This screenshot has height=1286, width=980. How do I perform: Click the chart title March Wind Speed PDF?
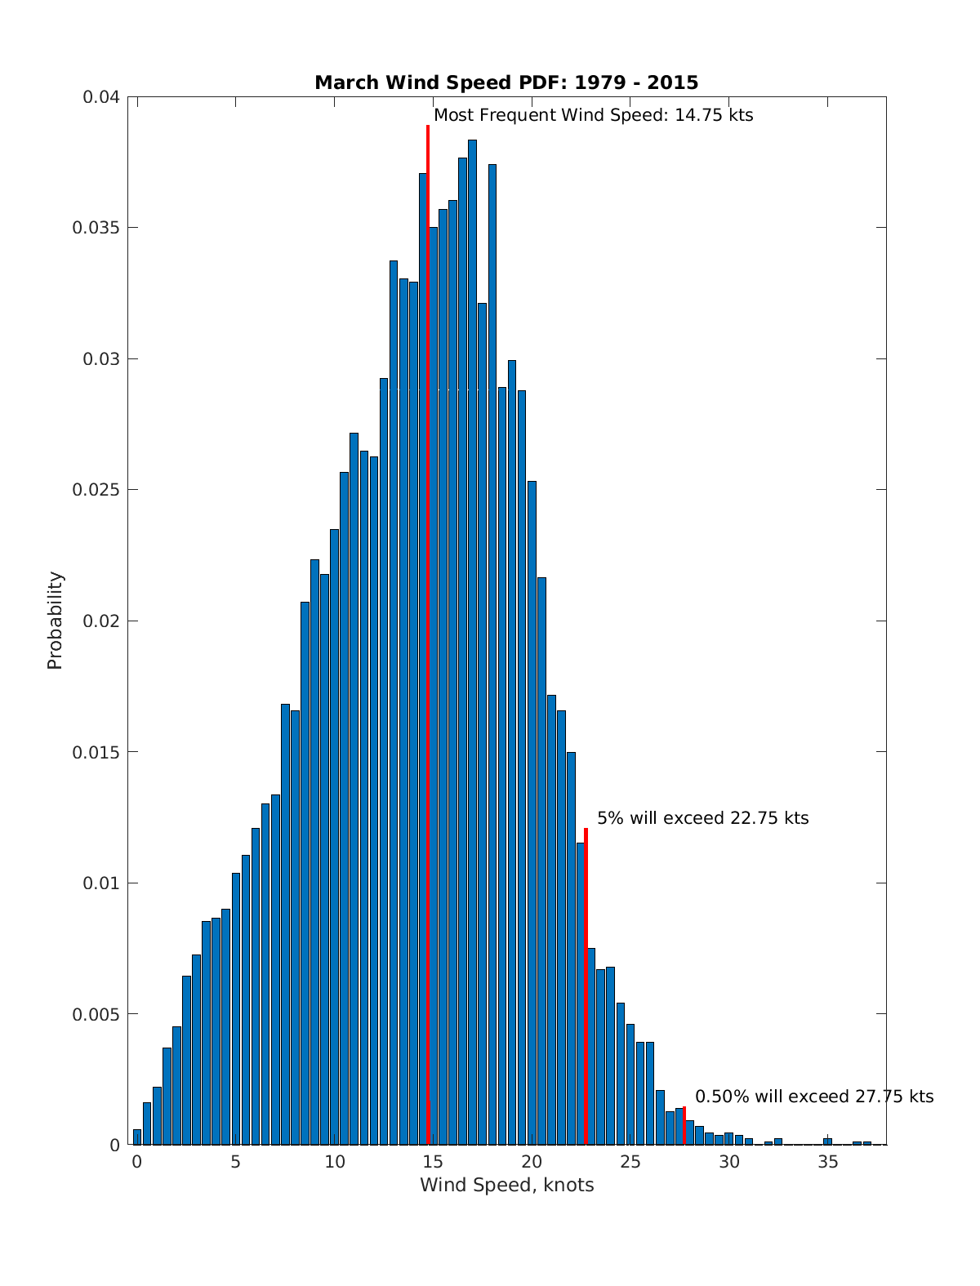[506, 82]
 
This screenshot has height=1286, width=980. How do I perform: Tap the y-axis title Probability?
[55, 621]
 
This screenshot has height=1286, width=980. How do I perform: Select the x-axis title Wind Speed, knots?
[506, 1185]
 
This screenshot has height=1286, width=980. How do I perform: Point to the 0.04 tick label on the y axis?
[101, 97]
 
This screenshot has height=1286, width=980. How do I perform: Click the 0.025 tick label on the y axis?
[96, 490]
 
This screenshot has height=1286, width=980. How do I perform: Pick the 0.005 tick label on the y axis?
[96, 1014]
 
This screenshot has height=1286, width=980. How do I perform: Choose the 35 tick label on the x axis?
[828, 1162]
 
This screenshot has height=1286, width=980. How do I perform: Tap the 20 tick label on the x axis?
[532, 1162]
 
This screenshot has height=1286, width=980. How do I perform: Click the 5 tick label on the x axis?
[235, 1162]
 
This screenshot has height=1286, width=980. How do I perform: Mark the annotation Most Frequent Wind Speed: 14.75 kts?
[593, 115]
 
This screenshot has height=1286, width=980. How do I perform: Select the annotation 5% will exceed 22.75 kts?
[702, 818]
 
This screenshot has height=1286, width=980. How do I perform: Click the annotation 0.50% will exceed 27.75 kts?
[813, 1097]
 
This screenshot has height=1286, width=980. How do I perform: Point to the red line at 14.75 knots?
[428, 572]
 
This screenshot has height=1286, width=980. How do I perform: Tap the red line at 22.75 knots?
[586, 980]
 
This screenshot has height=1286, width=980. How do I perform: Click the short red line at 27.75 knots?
[684, 1125]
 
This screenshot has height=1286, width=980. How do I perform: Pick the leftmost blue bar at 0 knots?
[137, 1137]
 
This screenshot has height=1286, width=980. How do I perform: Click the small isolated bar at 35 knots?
[827, 1141]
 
